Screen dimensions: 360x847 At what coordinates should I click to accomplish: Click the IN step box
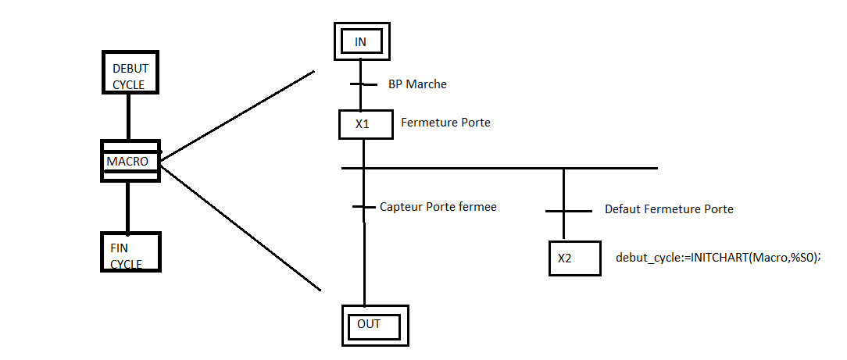coord(360,41)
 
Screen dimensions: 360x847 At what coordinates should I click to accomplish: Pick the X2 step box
coord(575,258)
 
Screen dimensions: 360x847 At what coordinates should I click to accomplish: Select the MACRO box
coord(130,161)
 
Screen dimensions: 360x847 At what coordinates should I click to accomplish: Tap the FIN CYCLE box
coord(130,251)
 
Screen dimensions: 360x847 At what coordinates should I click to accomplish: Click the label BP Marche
coord(417,84)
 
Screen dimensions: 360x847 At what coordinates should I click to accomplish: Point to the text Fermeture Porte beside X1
coord(445,123)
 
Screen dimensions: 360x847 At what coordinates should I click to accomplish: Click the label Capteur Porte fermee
coord(438,207)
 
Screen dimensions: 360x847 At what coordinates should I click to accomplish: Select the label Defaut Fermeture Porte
coord(669,209)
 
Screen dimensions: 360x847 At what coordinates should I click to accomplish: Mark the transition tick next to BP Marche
coord(360,84)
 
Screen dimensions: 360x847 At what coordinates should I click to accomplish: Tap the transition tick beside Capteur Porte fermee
coord(364,207)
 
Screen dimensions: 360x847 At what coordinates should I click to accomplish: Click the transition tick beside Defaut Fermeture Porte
coord(563,211)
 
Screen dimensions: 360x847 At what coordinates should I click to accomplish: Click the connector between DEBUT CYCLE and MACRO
coord(129,118)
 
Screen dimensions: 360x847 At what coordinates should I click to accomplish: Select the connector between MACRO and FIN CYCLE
coord(129,207)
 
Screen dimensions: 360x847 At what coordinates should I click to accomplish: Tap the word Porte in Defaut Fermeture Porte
coord(718,209)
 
